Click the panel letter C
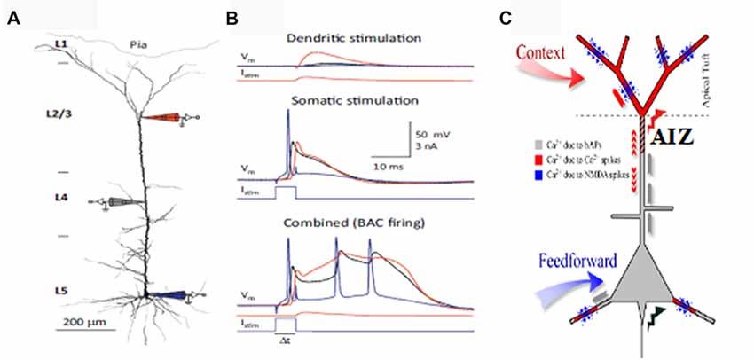(530, 18)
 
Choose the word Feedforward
(577, 261)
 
